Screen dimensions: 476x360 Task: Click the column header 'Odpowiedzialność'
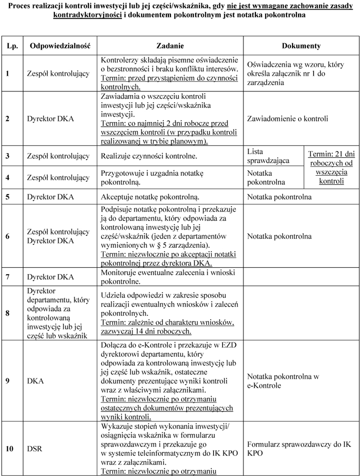coord(60,46)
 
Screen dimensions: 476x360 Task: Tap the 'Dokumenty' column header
coord(301,46)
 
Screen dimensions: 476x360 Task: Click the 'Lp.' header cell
coord(12,46)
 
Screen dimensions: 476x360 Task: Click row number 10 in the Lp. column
coord(9,448)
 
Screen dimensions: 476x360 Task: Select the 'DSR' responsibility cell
coord(34,448)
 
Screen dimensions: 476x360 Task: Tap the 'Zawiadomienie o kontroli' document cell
coord(287,119)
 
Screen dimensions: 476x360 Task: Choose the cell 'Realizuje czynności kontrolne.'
coord(148,156)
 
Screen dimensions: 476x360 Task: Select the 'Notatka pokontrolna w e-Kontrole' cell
coord(283,381)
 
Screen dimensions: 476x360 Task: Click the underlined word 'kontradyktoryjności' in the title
coord(87,15)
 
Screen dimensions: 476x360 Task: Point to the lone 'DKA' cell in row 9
coord(34,381)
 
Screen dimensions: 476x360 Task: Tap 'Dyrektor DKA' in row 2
coord(50,119)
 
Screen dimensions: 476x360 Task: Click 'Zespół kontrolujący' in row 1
coord(58,74)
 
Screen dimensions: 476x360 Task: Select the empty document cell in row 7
coord(301,277)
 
